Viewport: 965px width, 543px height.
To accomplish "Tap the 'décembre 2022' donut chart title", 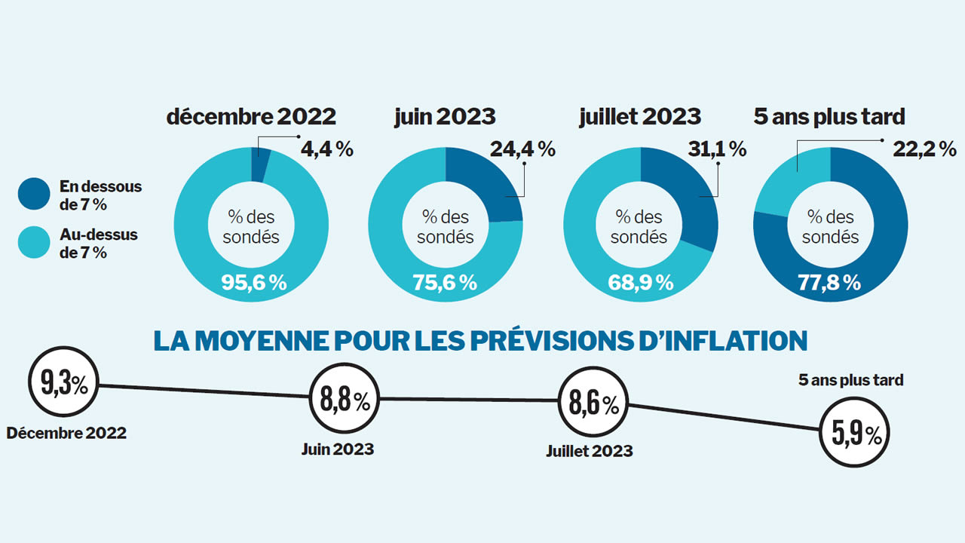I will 251,117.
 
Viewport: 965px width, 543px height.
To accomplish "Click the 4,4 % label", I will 328,149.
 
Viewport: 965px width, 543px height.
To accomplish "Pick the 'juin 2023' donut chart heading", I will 445,117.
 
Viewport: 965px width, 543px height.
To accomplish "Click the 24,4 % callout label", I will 522,149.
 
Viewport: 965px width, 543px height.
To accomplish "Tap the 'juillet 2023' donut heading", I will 640,117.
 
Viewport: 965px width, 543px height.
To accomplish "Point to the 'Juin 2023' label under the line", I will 337,449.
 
